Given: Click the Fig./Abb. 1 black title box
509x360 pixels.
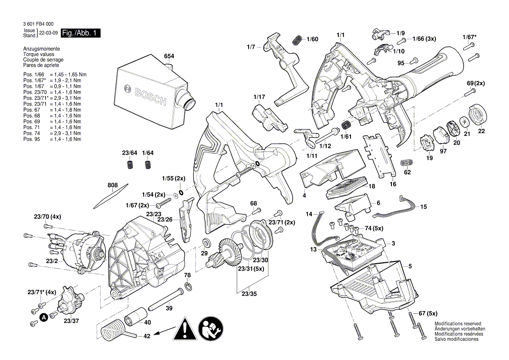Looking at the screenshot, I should click(81, 33).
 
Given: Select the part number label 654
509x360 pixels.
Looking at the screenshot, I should click(169, 56).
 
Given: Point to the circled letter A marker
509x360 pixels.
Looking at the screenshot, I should click(44, 317).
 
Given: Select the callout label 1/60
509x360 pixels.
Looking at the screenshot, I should click(312, 39).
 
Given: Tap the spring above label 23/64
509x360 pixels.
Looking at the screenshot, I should click(129, 165).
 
